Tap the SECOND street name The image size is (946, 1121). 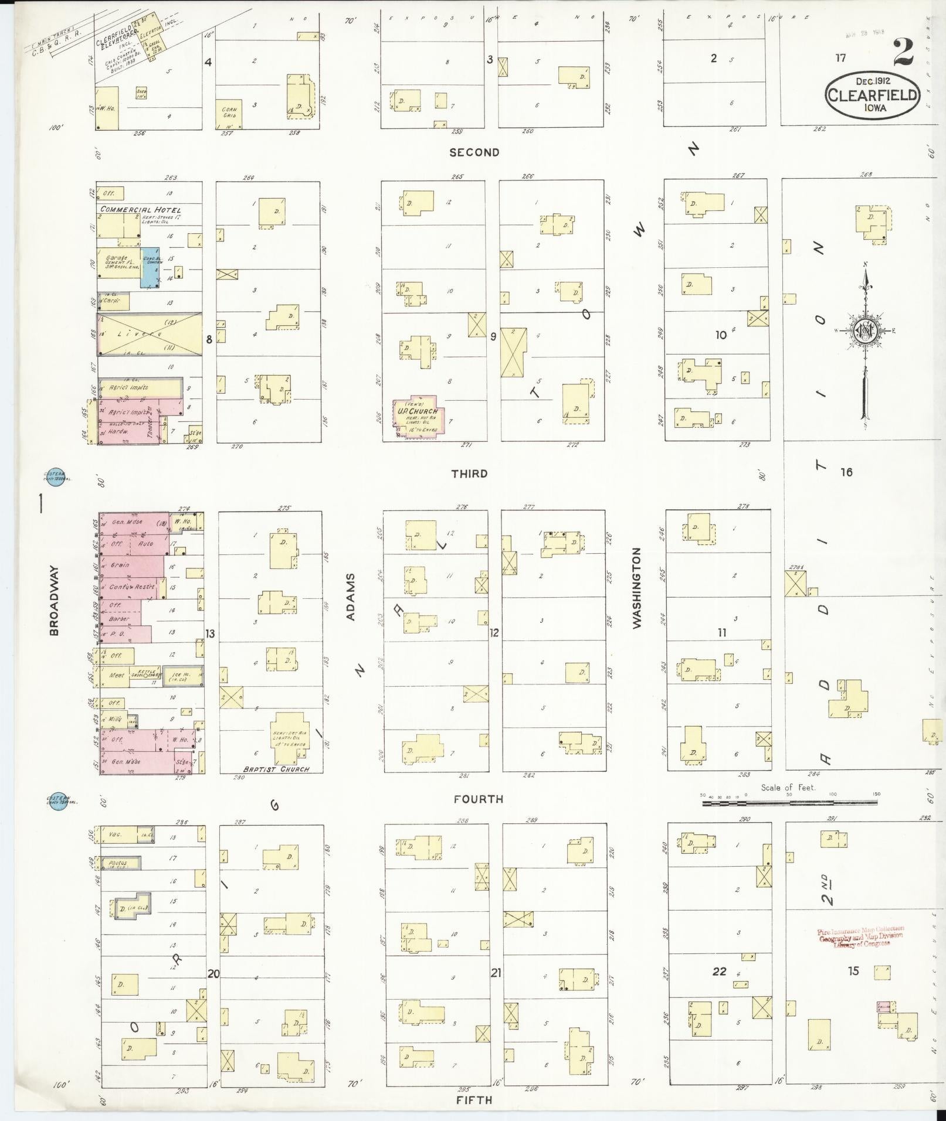coord(474,152)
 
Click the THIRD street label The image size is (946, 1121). coord(469,473)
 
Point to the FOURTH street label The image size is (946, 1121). coord(479,799)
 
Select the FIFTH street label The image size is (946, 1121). coord(474,1100)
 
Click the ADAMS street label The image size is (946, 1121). coord(351,597)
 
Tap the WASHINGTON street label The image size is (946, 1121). coord(638,588)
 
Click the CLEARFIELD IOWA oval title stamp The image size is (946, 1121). coord(873,96)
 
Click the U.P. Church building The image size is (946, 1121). coord(418,417)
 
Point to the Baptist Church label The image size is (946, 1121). coord(276,769)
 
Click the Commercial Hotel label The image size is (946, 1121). coord(141,209)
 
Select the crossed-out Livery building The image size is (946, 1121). coord(150,334)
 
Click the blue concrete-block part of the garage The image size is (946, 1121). coord(150,267)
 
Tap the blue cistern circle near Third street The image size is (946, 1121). coord(57,478)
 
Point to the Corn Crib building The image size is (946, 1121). coord(229,113)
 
